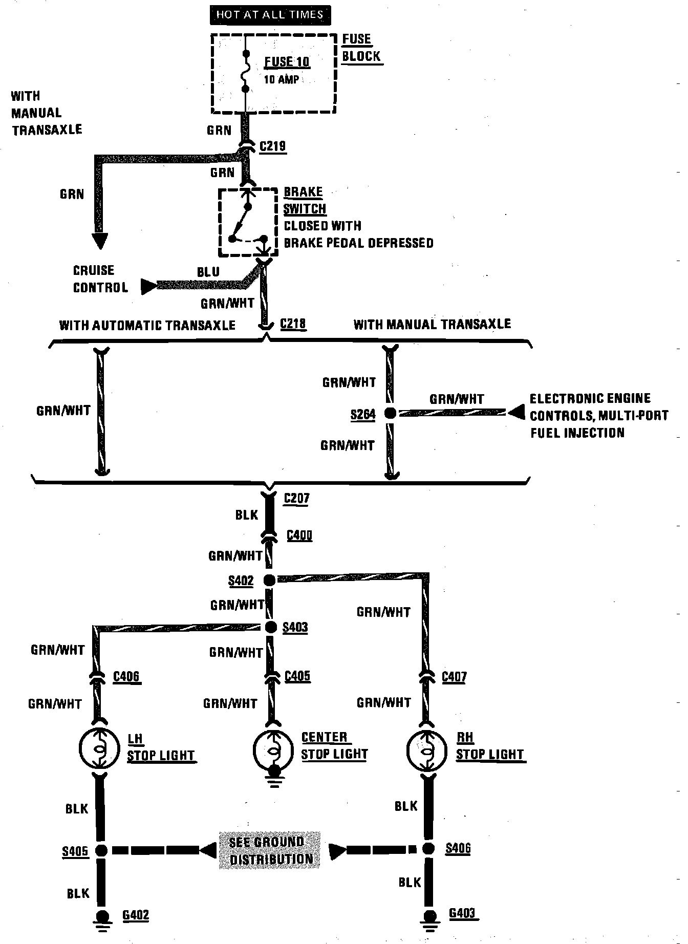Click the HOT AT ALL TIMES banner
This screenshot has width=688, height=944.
270,14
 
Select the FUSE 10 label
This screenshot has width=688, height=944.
287,62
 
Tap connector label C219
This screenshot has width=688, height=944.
272,146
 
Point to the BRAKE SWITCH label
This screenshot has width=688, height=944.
305,200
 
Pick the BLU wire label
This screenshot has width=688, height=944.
208,272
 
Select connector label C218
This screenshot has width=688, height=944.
293,324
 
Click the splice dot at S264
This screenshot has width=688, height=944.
390,413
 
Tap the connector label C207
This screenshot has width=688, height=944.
296,498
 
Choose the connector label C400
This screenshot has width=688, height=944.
299,535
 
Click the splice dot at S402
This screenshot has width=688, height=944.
269,580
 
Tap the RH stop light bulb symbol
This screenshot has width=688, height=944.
424,749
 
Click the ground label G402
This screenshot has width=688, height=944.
136,915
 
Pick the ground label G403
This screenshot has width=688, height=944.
462,913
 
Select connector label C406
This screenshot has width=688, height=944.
126,677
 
